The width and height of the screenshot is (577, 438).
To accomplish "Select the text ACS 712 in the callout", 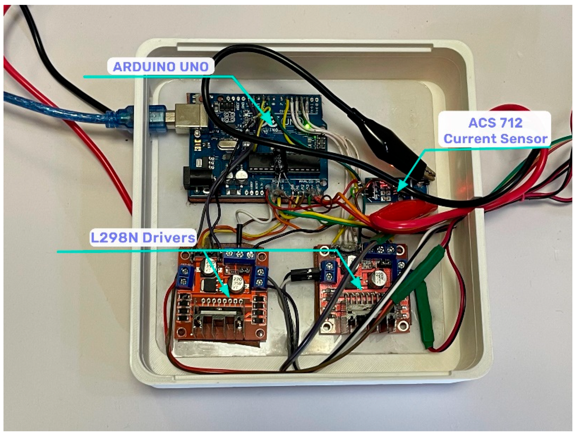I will pyautogui.click(x=495, y=123).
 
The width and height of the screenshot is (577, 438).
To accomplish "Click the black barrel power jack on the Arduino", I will pyautogui.click(x=195, y=179).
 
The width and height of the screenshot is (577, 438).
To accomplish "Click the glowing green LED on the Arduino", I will pyautogui.click(x=308, y=126).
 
